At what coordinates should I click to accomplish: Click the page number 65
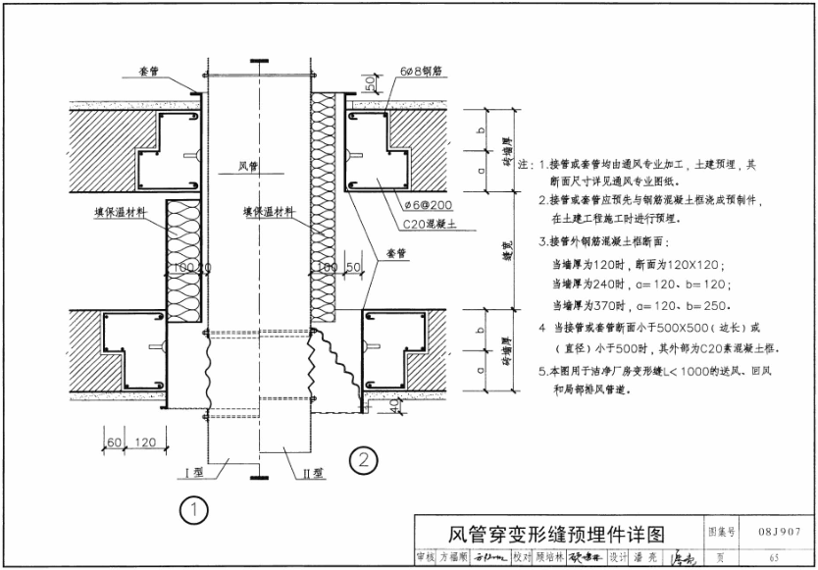click(x=774, y=557)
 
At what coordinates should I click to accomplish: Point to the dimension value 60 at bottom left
click(x=114, y=442)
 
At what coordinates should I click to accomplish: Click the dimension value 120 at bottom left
click(x=147, y=442)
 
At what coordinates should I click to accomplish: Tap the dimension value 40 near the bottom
click(x=392, y=406)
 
